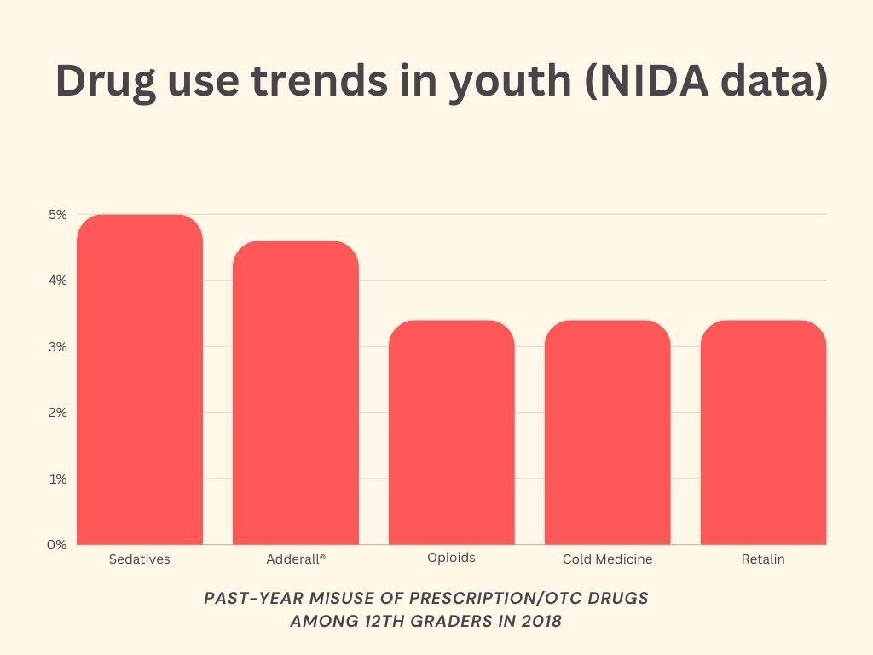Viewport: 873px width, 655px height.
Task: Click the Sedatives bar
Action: (x=140, y=380)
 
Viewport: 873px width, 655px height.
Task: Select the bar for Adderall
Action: (x=296, y=392)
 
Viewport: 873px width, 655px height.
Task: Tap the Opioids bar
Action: (x=452, y=432)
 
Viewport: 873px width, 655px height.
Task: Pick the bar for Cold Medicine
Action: (x=608, y=432)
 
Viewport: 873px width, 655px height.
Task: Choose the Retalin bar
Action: (x=763, y=432)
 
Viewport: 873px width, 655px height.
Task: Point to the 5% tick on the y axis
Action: (x=57, y=215)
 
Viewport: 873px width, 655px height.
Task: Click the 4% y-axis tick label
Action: (x=57, y=281)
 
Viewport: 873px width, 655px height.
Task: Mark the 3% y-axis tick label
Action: (x=57, y=347)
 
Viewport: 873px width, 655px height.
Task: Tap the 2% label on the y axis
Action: (x=57, y=413)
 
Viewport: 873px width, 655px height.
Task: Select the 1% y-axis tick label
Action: (x=57, y=479)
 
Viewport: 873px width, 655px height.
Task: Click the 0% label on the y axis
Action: (x=57, y=545)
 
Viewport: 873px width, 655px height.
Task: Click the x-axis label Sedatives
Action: (x=140, y=559)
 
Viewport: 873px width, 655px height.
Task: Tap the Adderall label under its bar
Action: (x=296, y=559)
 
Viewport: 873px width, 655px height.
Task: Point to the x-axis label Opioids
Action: (x=451, y=558)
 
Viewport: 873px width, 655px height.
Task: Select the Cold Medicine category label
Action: (x=607, y=559)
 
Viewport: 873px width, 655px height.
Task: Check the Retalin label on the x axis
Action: (x=763, y=559)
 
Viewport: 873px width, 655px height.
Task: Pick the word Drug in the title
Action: (x=105, y=81)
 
